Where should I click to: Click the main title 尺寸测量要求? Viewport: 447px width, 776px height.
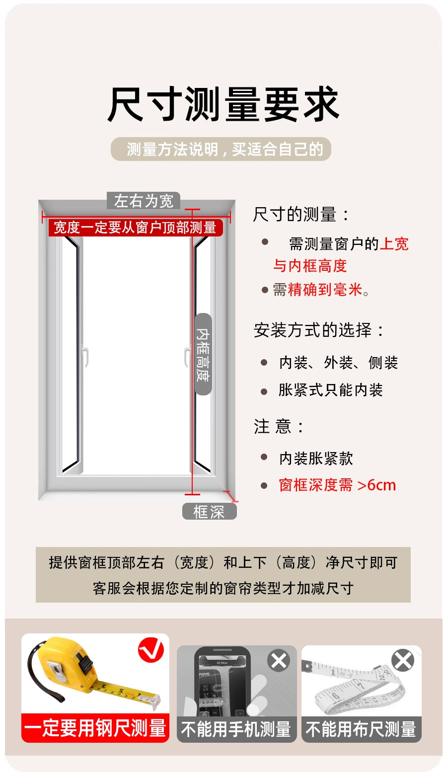click(223, 105)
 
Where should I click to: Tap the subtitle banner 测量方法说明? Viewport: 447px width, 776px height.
click(221, 149)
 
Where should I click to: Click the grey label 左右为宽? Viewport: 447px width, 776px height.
click(144, 201)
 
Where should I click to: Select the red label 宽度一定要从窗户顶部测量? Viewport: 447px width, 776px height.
click(135, 228)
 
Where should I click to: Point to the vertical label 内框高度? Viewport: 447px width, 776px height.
click(203, 354)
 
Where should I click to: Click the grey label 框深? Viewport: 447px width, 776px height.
click(209, 512)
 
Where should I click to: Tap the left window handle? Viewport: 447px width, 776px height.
click(85, 357)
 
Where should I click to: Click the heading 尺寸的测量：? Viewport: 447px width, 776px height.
click(302, 215)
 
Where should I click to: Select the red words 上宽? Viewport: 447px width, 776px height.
click(394, 244)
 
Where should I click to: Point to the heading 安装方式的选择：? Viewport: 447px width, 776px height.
click(319, 330)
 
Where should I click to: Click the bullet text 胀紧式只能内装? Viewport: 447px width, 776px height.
click(331, 390)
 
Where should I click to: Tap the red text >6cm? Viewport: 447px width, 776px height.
click(376, 485)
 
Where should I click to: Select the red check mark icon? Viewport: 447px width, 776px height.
click(151, 650)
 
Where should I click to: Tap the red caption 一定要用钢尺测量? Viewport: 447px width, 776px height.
click(95, 728)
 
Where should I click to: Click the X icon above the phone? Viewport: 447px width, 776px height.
click(279, 661)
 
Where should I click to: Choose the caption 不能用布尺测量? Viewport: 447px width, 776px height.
click(361, 729)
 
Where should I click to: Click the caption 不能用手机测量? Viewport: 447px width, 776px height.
click(236, 729)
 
